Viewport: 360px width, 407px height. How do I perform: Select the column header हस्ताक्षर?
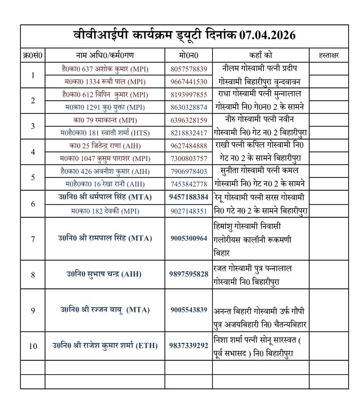(x=328, y=55)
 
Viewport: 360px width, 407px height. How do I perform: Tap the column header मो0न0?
(x=188, y=55)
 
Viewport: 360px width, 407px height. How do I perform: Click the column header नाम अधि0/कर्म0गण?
(x=105, y=55)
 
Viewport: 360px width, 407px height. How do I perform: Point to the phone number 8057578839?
(x=188, y=69)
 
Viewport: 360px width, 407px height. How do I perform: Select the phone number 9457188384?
(x=188, y=197)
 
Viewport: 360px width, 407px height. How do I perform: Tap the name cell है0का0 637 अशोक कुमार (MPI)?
(x=105, y=69)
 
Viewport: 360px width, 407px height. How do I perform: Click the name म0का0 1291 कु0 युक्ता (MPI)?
(x=105, y=107)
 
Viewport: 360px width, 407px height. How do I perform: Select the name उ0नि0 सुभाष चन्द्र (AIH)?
(x=105, y=274)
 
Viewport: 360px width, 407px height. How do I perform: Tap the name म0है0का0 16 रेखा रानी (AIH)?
(x=105, y=184)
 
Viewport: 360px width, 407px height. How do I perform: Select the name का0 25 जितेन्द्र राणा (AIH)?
(x=105, y=146)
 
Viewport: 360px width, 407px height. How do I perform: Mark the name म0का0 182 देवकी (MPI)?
(x=105, y=210)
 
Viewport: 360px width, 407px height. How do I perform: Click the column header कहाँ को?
(x=260, y=55)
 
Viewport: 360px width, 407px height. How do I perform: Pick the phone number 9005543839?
(x=188, y=310)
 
